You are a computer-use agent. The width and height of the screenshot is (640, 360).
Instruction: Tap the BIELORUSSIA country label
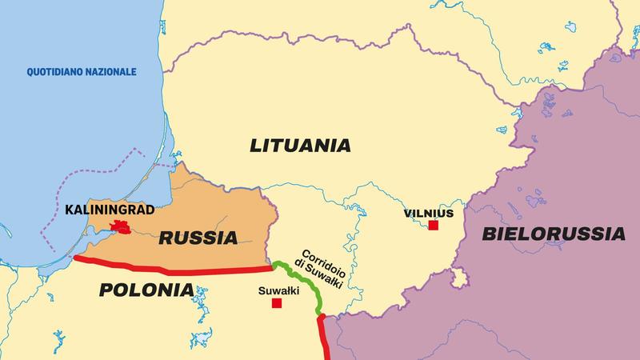pos(554,234)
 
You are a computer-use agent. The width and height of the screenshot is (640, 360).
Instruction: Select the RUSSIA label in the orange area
pos(198,238)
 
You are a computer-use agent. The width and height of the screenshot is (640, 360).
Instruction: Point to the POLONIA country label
pos(146,290)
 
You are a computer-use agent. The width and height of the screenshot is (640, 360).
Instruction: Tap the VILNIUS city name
pos(428,214)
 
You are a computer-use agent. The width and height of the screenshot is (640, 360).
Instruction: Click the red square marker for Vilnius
pos(434,226)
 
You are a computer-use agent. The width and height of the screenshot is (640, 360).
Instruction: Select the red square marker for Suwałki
pos(277,303)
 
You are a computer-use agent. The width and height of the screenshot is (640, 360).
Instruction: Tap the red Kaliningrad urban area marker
pos(122,228)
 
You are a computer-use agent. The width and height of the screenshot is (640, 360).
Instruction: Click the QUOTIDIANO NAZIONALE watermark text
pos(82,72)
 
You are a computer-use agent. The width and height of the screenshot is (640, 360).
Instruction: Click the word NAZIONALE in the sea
pos(110,72)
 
